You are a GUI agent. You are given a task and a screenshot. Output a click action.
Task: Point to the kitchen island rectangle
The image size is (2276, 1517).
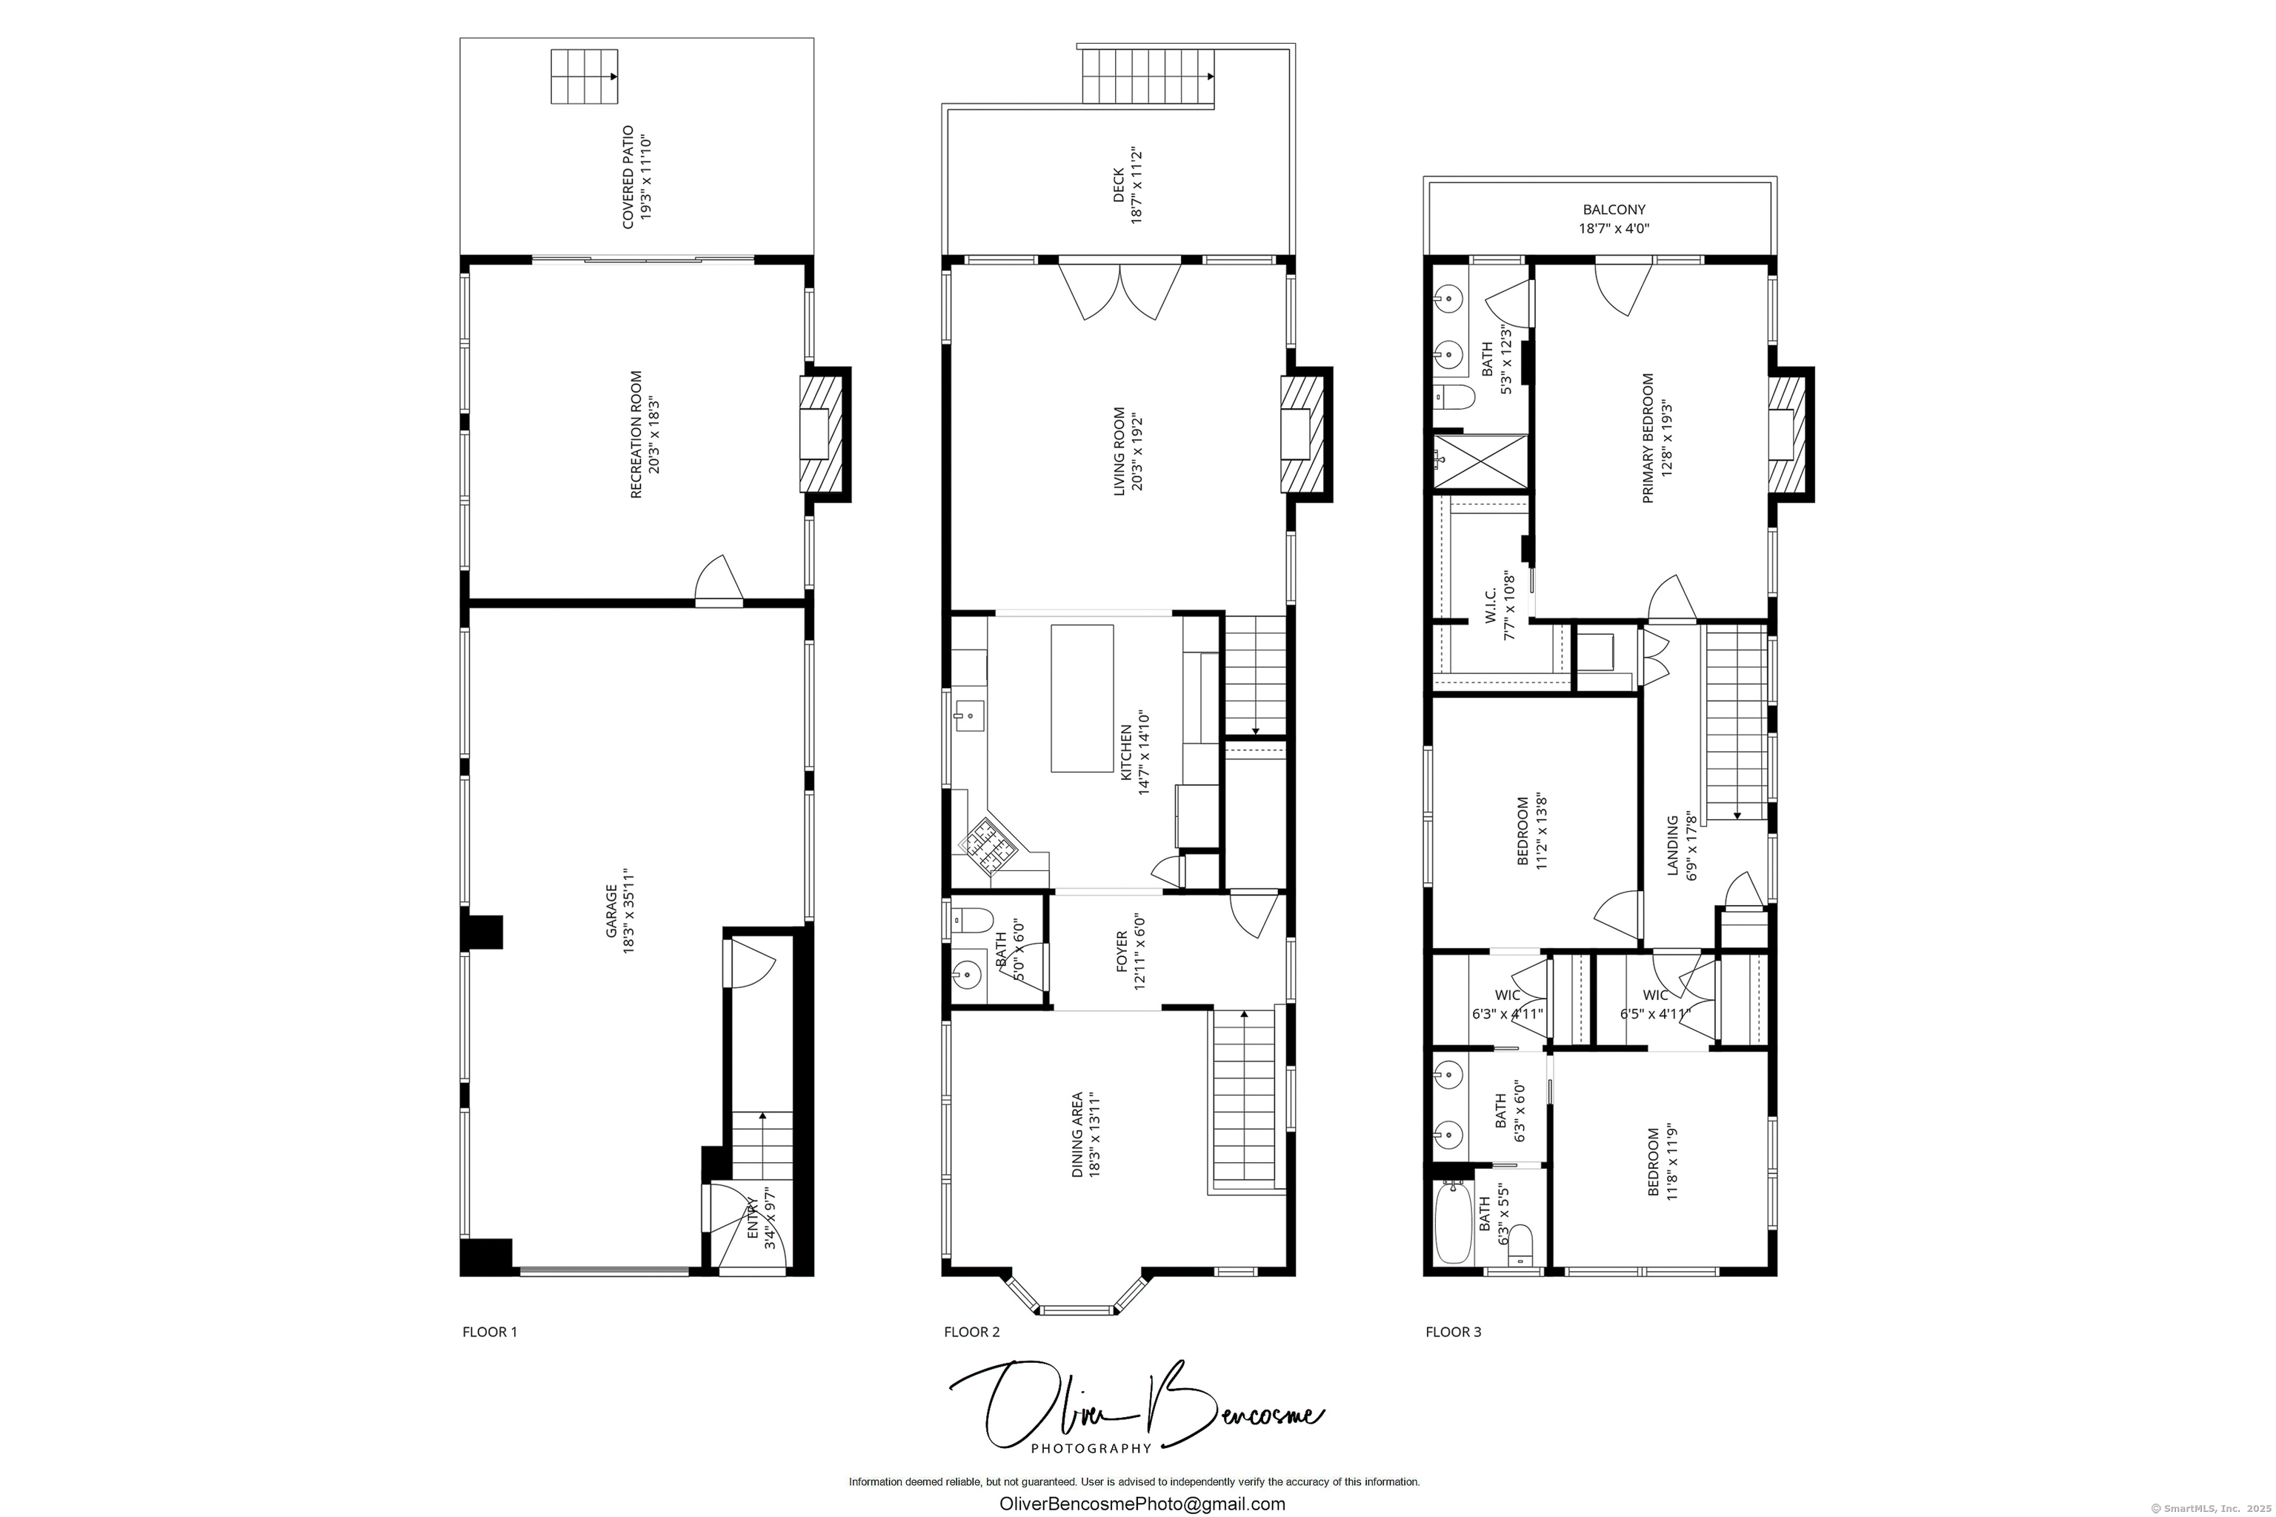pos(1082,698)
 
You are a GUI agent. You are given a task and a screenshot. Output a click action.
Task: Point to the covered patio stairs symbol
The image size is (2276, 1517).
pos(584,76)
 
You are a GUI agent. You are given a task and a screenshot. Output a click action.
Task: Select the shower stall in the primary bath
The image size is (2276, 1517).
pos(1480,461)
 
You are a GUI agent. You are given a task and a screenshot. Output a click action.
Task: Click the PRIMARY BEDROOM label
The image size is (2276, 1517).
pos(1648,439)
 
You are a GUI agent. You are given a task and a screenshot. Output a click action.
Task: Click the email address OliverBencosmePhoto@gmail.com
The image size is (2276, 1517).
pos(1142,1504)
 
